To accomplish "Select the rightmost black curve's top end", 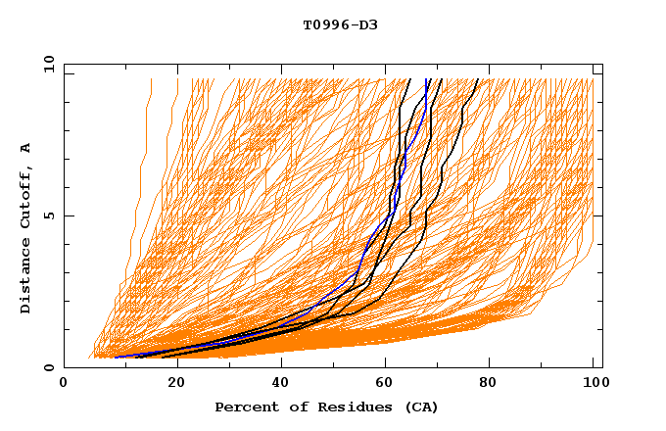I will coord(477,79).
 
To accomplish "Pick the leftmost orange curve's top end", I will coord(151,79).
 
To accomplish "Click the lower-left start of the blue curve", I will coord(117,357).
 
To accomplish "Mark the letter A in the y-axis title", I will coord(26,149).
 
